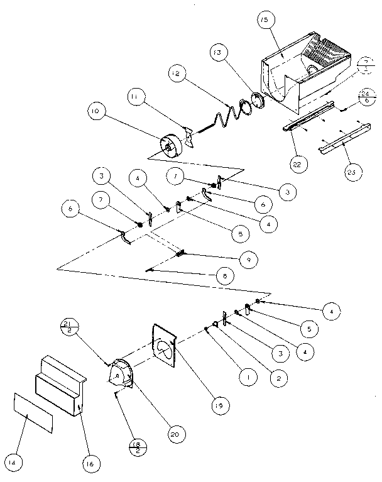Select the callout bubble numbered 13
pos(219,55)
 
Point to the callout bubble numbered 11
pos(136,96)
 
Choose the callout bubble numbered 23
pos(355,172)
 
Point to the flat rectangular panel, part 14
pos(35,415)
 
